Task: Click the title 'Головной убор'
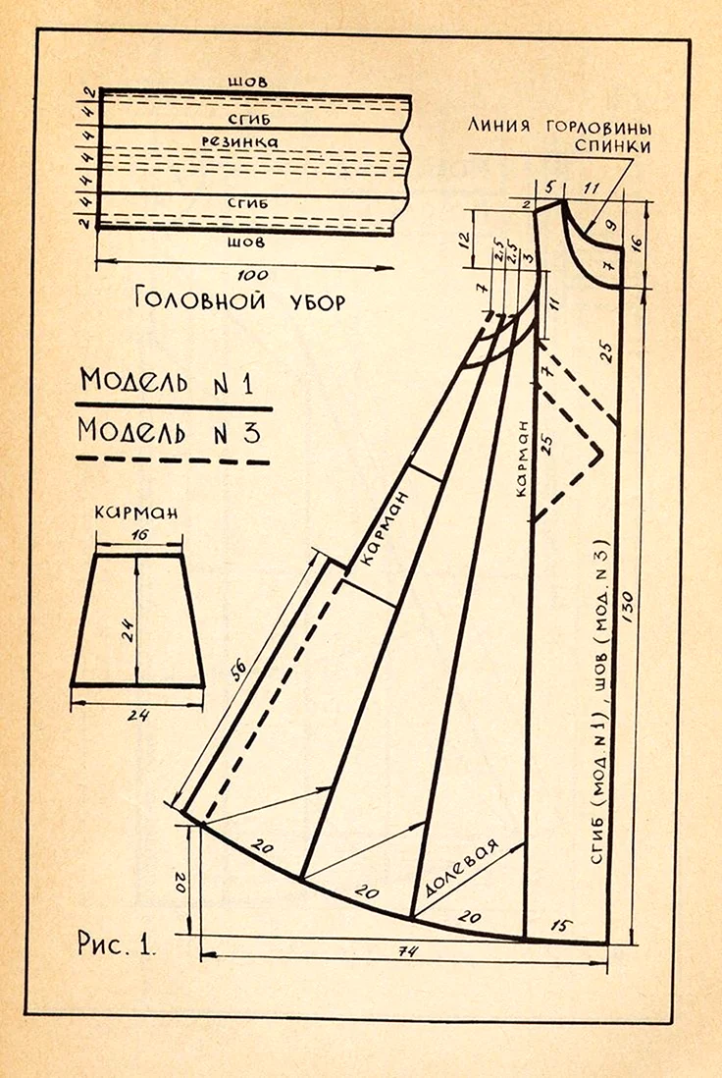coord(240,299)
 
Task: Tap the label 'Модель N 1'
coord(167,381)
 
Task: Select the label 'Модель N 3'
coord(169,432)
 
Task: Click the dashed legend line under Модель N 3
coord(173,459)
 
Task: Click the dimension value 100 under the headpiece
coord(252,274)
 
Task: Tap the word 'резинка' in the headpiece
coord(240,141)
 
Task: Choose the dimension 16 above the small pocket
coord(140,534)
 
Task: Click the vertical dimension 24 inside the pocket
coord(128,626)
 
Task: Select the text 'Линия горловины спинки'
coord(559,136)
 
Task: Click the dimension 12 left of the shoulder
coord(464,238)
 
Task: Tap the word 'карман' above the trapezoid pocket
coord(136,512)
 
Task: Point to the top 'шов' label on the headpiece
coord(248,81)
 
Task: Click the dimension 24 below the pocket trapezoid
coord(138,715)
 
